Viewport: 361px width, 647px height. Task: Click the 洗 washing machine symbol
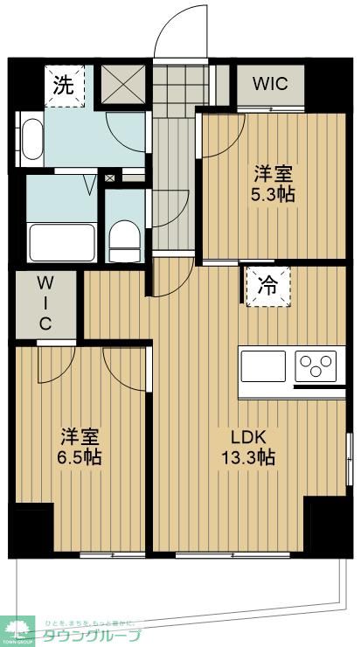64,87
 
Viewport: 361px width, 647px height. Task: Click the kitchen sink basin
264,365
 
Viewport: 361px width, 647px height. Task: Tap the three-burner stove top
316,365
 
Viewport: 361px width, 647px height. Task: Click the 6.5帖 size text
80,457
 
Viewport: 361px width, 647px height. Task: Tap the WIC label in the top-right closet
270,85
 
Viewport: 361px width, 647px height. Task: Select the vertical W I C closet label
44,303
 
